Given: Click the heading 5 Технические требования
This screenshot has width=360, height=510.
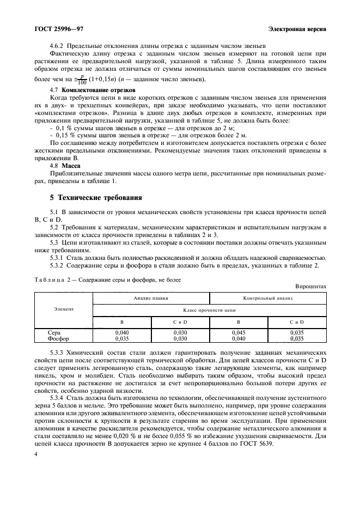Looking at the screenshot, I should pyautogui.click(x=96, y=198).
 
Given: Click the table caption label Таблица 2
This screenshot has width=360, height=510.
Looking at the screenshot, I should pyautogui.click(x=55, y=280).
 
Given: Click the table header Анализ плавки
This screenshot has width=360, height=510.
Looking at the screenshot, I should pyautogui.click(x=151, y=299).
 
